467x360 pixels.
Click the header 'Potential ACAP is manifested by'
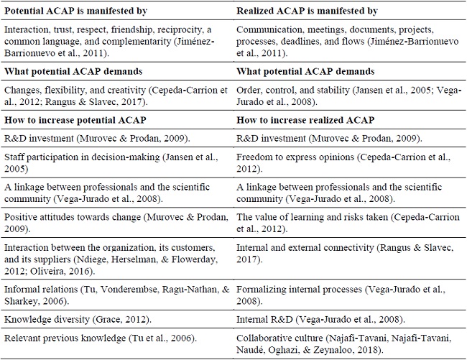pyautogui.click(x=75, y=9)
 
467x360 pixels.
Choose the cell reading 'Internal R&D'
pyautogui.click(x=320, y=318)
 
